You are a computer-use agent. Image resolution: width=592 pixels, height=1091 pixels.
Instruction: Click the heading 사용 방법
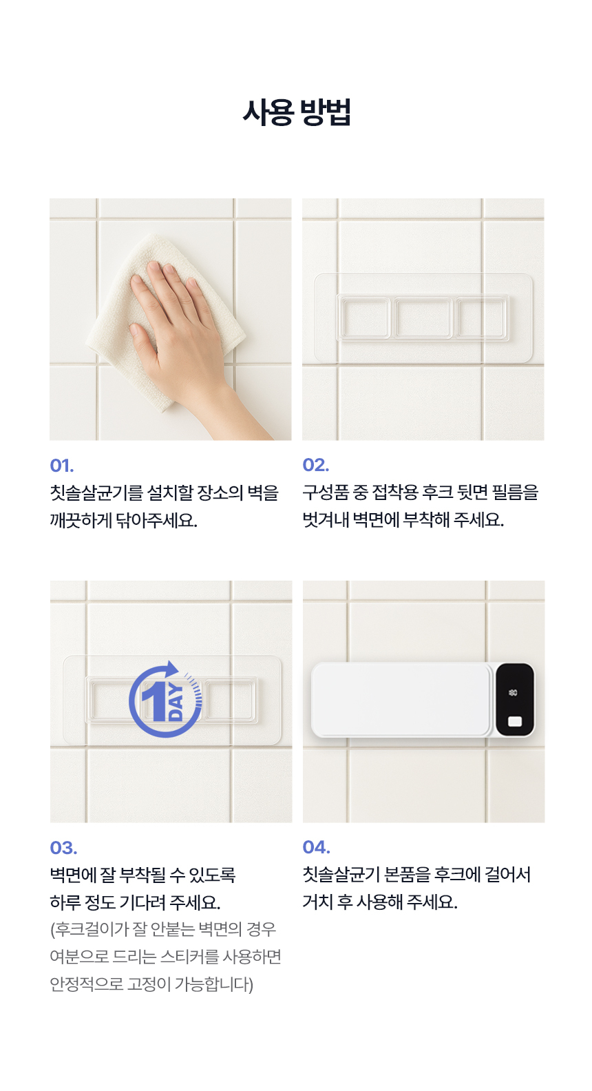(297, 112)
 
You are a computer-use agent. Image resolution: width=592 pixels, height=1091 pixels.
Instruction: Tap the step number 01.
(62, 466)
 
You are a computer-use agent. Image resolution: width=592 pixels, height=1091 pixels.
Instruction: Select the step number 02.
(315, 465)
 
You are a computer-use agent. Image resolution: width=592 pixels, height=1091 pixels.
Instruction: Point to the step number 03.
(63, 848)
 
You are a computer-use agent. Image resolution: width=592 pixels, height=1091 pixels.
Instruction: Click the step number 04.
(317, 847)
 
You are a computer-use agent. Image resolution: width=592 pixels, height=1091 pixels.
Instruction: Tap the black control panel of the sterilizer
(515, 699)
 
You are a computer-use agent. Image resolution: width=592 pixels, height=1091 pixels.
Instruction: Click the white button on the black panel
(515, 721)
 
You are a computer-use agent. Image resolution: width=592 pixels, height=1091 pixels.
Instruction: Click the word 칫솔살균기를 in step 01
(96, 493)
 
